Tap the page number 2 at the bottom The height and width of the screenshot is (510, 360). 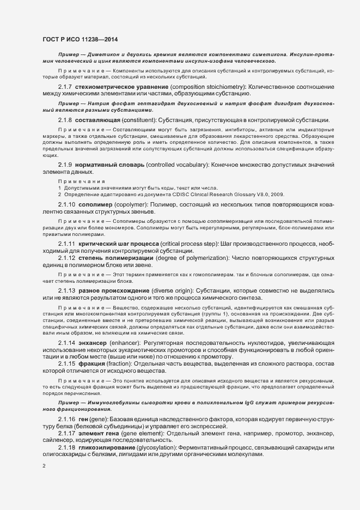[45, 466]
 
